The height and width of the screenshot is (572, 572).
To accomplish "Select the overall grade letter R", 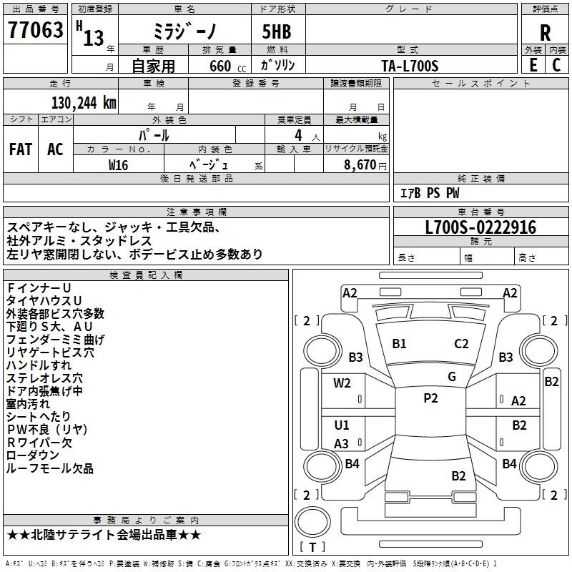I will tap(545, 33).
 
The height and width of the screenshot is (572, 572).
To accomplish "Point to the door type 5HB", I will tap(270, 32).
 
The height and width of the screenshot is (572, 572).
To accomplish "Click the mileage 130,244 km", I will tap(84, 102).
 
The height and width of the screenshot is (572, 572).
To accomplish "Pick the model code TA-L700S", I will tap(410, 66).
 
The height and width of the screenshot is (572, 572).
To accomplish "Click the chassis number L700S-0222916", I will tap(480, 227).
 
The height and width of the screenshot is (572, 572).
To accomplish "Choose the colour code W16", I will tap(118, 164).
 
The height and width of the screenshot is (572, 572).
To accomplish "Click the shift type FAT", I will tap(20, 149).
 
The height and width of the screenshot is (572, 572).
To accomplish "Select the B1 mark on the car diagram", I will tap(399, 344).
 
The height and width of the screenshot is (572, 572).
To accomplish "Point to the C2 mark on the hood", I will tap(461, 344).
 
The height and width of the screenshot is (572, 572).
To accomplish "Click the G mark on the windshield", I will tap(451, 377).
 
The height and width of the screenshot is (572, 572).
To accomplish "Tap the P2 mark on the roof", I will tap(430, 399).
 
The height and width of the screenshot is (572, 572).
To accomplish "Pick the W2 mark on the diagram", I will tap(342, 383).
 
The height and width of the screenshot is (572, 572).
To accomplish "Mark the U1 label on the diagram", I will tap(342, 425).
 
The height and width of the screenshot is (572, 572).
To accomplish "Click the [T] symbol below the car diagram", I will tap(313, 547).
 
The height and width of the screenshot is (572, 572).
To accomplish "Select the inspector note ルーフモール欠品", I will tap(50, 468).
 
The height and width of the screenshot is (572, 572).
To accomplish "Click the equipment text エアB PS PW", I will tap(429, 193).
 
